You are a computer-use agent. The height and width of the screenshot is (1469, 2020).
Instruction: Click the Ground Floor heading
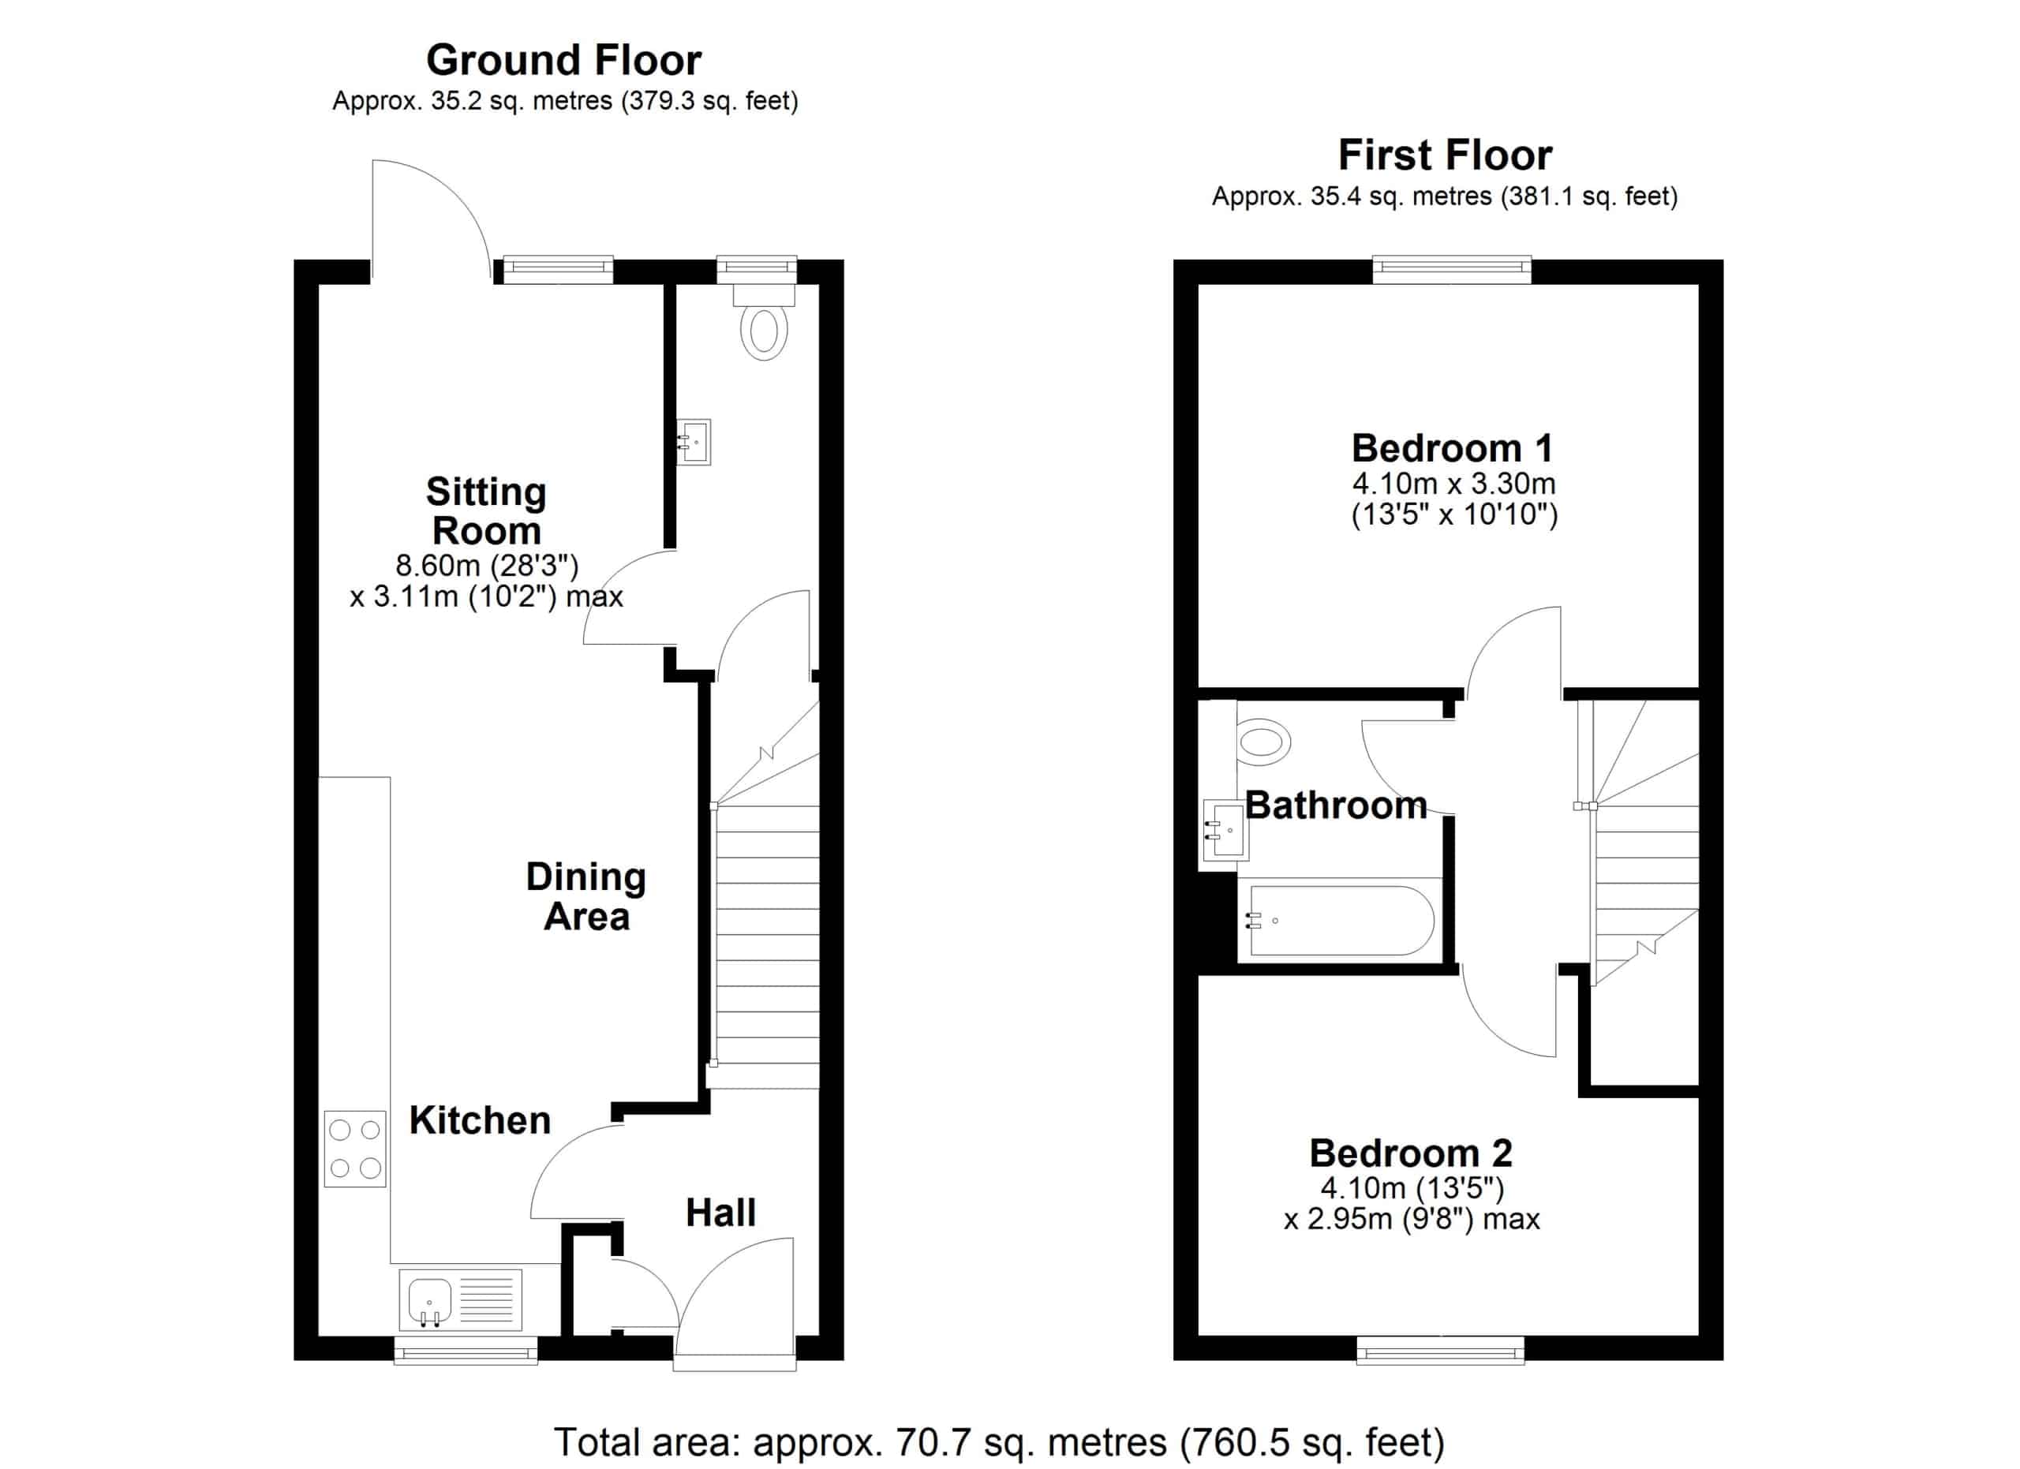point(563,61)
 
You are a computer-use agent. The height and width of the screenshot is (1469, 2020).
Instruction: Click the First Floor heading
point(1445,155)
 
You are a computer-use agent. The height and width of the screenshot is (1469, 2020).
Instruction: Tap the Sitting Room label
point(486,511)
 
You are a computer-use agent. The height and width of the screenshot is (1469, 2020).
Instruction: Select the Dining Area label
point(586,896)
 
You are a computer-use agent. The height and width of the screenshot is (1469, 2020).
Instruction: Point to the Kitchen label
point(480,1120)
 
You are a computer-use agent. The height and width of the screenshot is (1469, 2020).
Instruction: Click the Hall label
point(720,1213)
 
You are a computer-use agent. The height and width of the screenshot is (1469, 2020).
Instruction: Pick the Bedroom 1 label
point(1453,448)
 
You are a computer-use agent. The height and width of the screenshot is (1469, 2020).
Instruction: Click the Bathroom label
point(1336,805)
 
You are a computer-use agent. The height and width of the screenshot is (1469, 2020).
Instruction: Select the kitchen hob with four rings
point(354,1149)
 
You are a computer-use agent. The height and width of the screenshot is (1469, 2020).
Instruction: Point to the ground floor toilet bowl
point(763,332)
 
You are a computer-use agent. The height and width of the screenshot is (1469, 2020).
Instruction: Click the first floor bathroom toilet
point(1264,742)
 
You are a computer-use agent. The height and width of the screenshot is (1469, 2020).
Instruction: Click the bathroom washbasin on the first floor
point(1225,830)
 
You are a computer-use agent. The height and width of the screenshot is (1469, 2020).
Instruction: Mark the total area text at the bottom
point(999,1442)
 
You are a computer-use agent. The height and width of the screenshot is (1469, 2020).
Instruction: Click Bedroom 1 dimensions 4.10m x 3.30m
point(1453,484)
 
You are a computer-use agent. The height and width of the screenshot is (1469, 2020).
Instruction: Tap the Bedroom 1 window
point(1452,269)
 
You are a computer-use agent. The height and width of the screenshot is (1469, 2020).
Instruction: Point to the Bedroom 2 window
point(1440,1350)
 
